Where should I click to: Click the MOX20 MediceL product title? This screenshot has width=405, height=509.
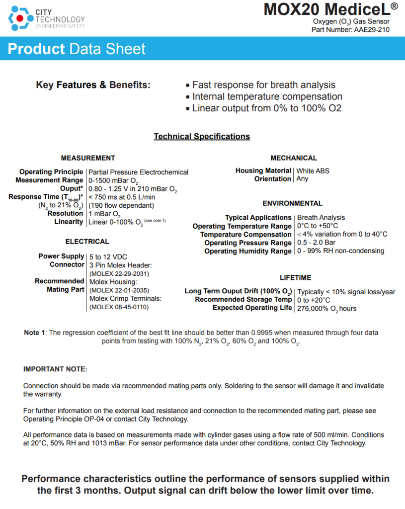point(326,9)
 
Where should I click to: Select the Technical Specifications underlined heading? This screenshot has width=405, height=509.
point(202,136)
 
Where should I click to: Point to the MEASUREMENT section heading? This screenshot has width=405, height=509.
point(88,158)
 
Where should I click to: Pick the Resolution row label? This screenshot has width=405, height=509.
point(66,213)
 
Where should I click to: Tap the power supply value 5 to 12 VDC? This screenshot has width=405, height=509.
point(108,256)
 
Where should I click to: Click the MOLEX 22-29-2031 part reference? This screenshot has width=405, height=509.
point(119,273)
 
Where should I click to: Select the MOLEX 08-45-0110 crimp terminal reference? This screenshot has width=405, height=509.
point(119,307)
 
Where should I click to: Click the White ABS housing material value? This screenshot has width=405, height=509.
point(313,170)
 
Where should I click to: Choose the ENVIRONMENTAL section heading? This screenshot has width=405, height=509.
point(292,203)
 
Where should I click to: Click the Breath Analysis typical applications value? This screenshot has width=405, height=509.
point(321,217)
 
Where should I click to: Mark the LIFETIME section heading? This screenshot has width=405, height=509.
point(295,278)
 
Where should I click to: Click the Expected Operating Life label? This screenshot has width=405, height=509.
point(252,308)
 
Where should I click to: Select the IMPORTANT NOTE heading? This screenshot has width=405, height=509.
point(55,369)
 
